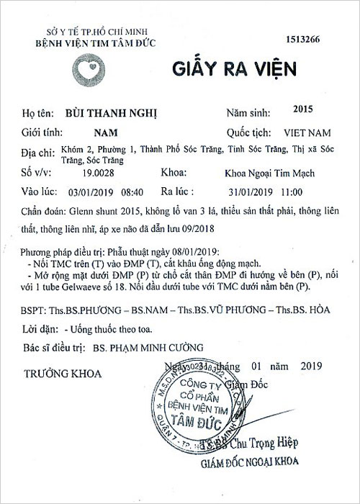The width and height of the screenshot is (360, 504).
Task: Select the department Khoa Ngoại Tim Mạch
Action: (270, 173)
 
